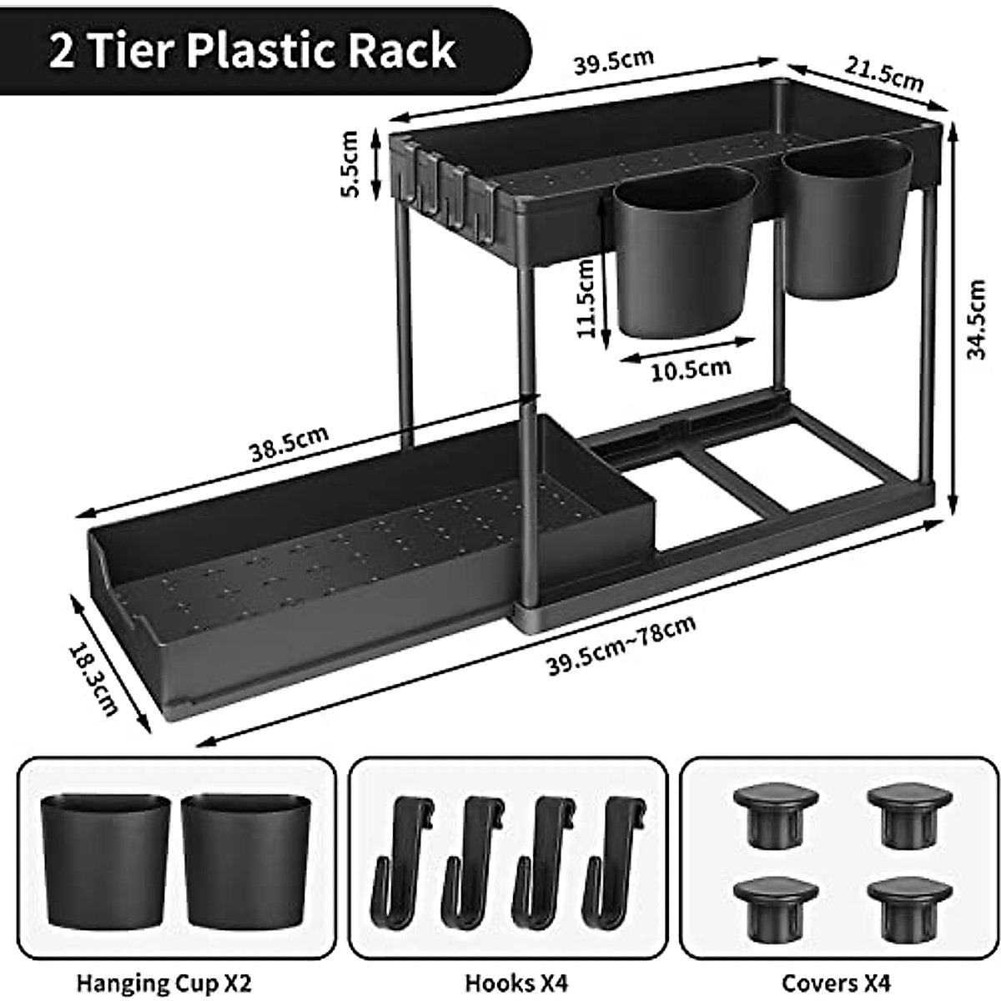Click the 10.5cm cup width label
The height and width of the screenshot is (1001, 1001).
(691, 368)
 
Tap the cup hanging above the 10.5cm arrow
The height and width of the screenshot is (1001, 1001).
(683, 250)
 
